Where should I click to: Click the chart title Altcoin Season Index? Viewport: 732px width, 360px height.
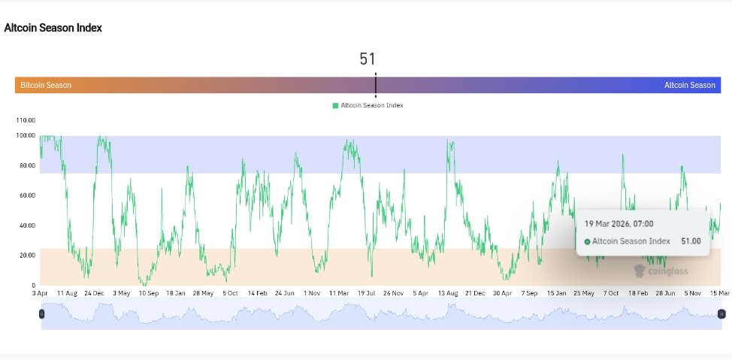click(53, 28)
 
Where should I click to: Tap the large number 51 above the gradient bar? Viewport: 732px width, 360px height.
click(367, 59)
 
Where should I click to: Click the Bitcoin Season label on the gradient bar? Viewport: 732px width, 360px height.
click(46, 86)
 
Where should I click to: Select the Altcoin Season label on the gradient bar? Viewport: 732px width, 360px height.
click(689, 86)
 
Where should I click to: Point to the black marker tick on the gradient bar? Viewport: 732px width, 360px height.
click(375, 85)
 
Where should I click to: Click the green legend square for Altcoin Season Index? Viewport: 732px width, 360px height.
click(335, 106)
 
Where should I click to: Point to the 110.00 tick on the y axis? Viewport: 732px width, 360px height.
click(26, 120)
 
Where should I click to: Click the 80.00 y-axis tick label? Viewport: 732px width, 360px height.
click(27, 165)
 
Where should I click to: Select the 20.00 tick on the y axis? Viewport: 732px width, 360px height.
click(27, 256)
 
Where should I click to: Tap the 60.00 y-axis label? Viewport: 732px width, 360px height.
click(27, 195)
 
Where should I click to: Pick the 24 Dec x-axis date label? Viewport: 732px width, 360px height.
click(94, 293)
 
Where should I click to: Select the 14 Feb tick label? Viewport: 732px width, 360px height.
click(257, 293)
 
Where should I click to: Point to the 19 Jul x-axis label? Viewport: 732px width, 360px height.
click(366, 293)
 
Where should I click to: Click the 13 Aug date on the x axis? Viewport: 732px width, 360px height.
click(447, 293)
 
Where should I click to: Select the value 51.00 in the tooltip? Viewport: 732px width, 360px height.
click(691, 241)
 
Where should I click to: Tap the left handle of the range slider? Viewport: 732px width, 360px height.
click(42, 314)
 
